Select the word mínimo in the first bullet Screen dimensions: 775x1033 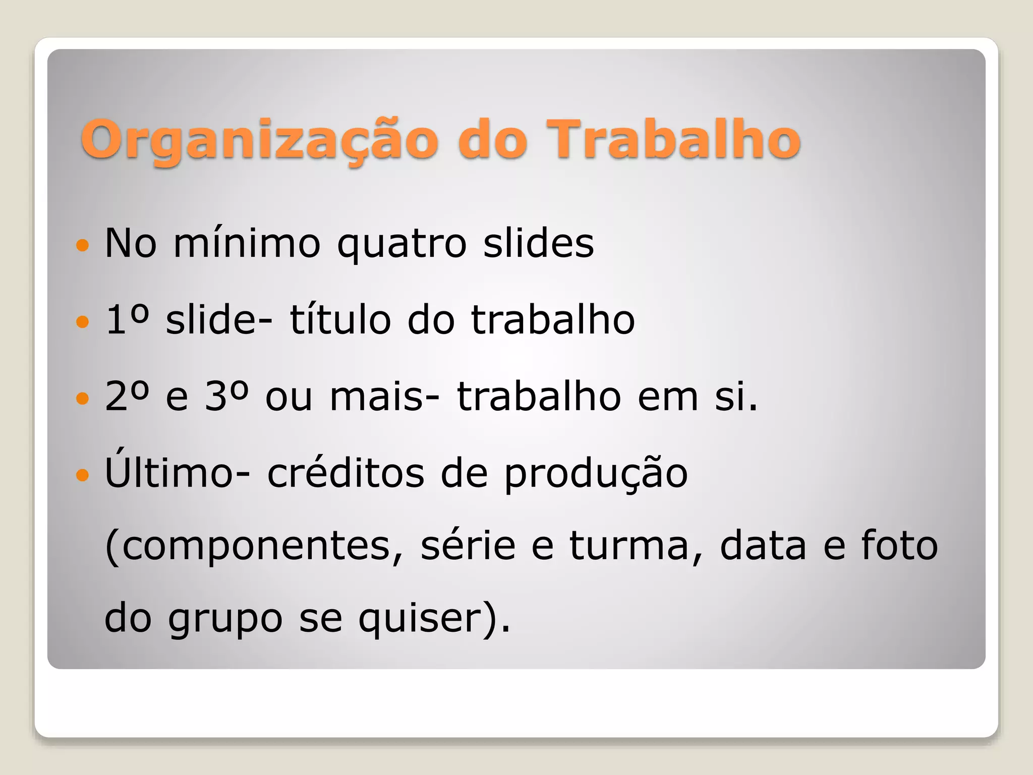pos(247,243)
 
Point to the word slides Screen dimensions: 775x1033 pos(538,243)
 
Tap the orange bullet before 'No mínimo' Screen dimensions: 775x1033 pos(82,246)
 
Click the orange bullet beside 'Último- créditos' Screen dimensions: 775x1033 pos(82,475)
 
